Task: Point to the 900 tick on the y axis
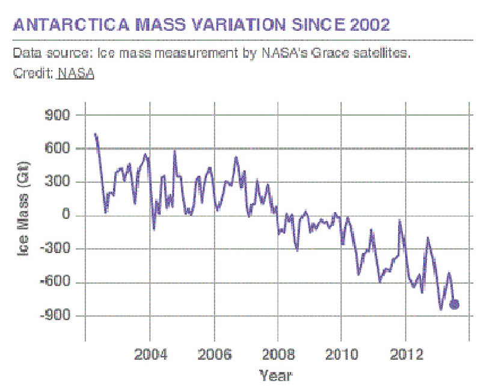(63, 114)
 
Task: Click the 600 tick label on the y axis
(63, 148)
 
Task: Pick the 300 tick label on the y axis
(63, 182)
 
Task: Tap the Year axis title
(275, 376)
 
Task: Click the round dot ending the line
(455, 304)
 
